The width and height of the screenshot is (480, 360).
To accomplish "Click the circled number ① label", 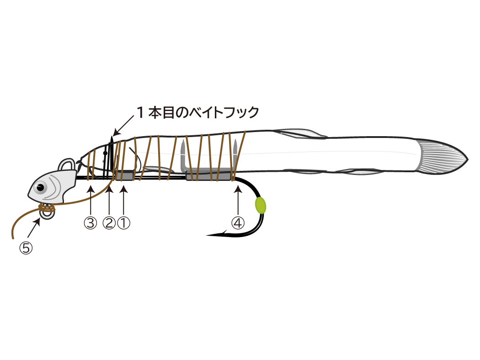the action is (124, 223).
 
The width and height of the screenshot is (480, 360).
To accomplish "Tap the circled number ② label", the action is (109, 223).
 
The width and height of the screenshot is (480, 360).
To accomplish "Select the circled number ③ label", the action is (91, 223).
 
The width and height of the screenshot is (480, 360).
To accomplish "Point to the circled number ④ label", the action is (238, 223).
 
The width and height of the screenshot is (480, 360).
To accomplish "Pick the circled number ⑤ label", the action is (26, 248).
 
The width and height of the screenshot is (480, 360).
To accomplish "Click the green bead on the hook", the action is (260, 205).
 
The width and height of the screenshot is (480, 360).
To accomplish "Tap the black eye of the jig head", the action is (40, 187).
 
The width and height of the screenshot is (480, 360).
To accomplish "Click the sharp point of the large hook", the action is (207, 235).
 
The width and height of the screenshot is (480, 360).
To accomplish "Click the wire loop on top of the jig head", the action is (68, 165).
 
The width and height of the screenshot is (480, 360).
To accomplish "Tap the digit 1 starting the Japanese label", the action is (140, 112).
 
